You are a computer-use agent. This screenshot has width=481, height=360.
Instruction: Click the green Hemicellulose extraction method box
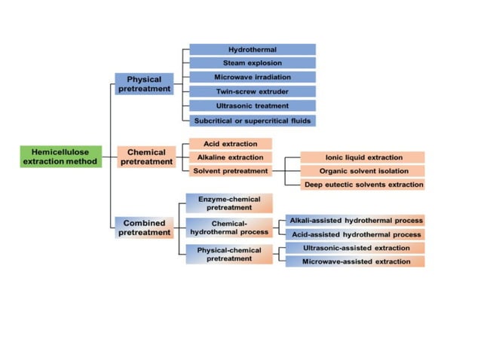coord(60,157)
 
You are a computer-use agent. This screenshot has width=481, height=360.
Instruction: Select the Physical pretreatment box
coord(144,84)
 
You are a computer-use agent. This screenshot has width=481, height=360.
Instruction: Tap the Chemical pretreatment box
coord(146,157)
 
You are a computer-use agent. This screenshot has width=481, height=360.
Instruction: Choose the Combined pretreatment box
coord(144,227)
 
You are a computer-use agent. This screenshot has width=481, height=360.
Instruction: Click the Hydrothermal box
coord(252,50)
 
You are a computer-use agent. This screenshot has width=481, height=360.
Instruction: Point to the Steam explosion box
coord(252,63)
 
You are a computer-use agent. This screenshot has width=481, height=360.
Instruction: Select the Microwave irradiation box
coord(252,78)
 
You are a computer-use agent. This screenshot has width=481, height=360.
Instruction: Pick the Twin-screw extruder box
coord(252,92)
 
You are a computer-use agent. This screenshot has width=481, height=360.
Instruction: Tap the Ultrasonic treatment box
coord(252,106)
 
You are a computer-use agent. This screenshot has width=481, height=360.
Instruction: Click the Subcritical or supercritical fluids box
coord(252,121)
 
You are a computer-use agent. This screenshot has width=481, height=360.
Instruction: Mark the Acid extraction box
coord(230,144)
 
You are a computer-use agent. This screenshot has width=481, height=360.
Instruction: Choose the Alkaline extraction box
coord(230,157)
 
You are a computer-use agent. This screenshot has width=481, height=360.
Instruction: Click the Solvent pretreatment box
coord(230,171)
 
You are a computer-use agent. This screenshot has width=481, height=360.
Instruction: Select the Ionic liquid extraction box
coord(363,157)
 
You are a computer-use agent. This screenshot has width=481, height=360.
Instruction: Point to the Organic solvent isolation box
coord(363,171)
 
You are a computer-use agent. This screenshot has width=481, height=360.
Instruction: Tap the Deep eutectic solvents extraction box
coord(363,185)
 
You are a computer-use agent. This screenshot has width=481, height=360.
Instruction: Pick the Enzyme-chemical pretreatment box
coord(229,203)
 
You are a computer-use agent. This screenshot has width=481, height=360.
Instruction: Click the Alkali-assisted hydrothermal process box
coord(355,220)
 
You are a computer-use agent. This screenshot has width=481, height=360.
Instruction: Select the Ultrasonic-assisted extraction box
coord(355,247)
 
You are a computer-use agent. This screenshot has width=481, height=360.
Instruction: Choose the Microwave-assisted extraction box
coord(355,261)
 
